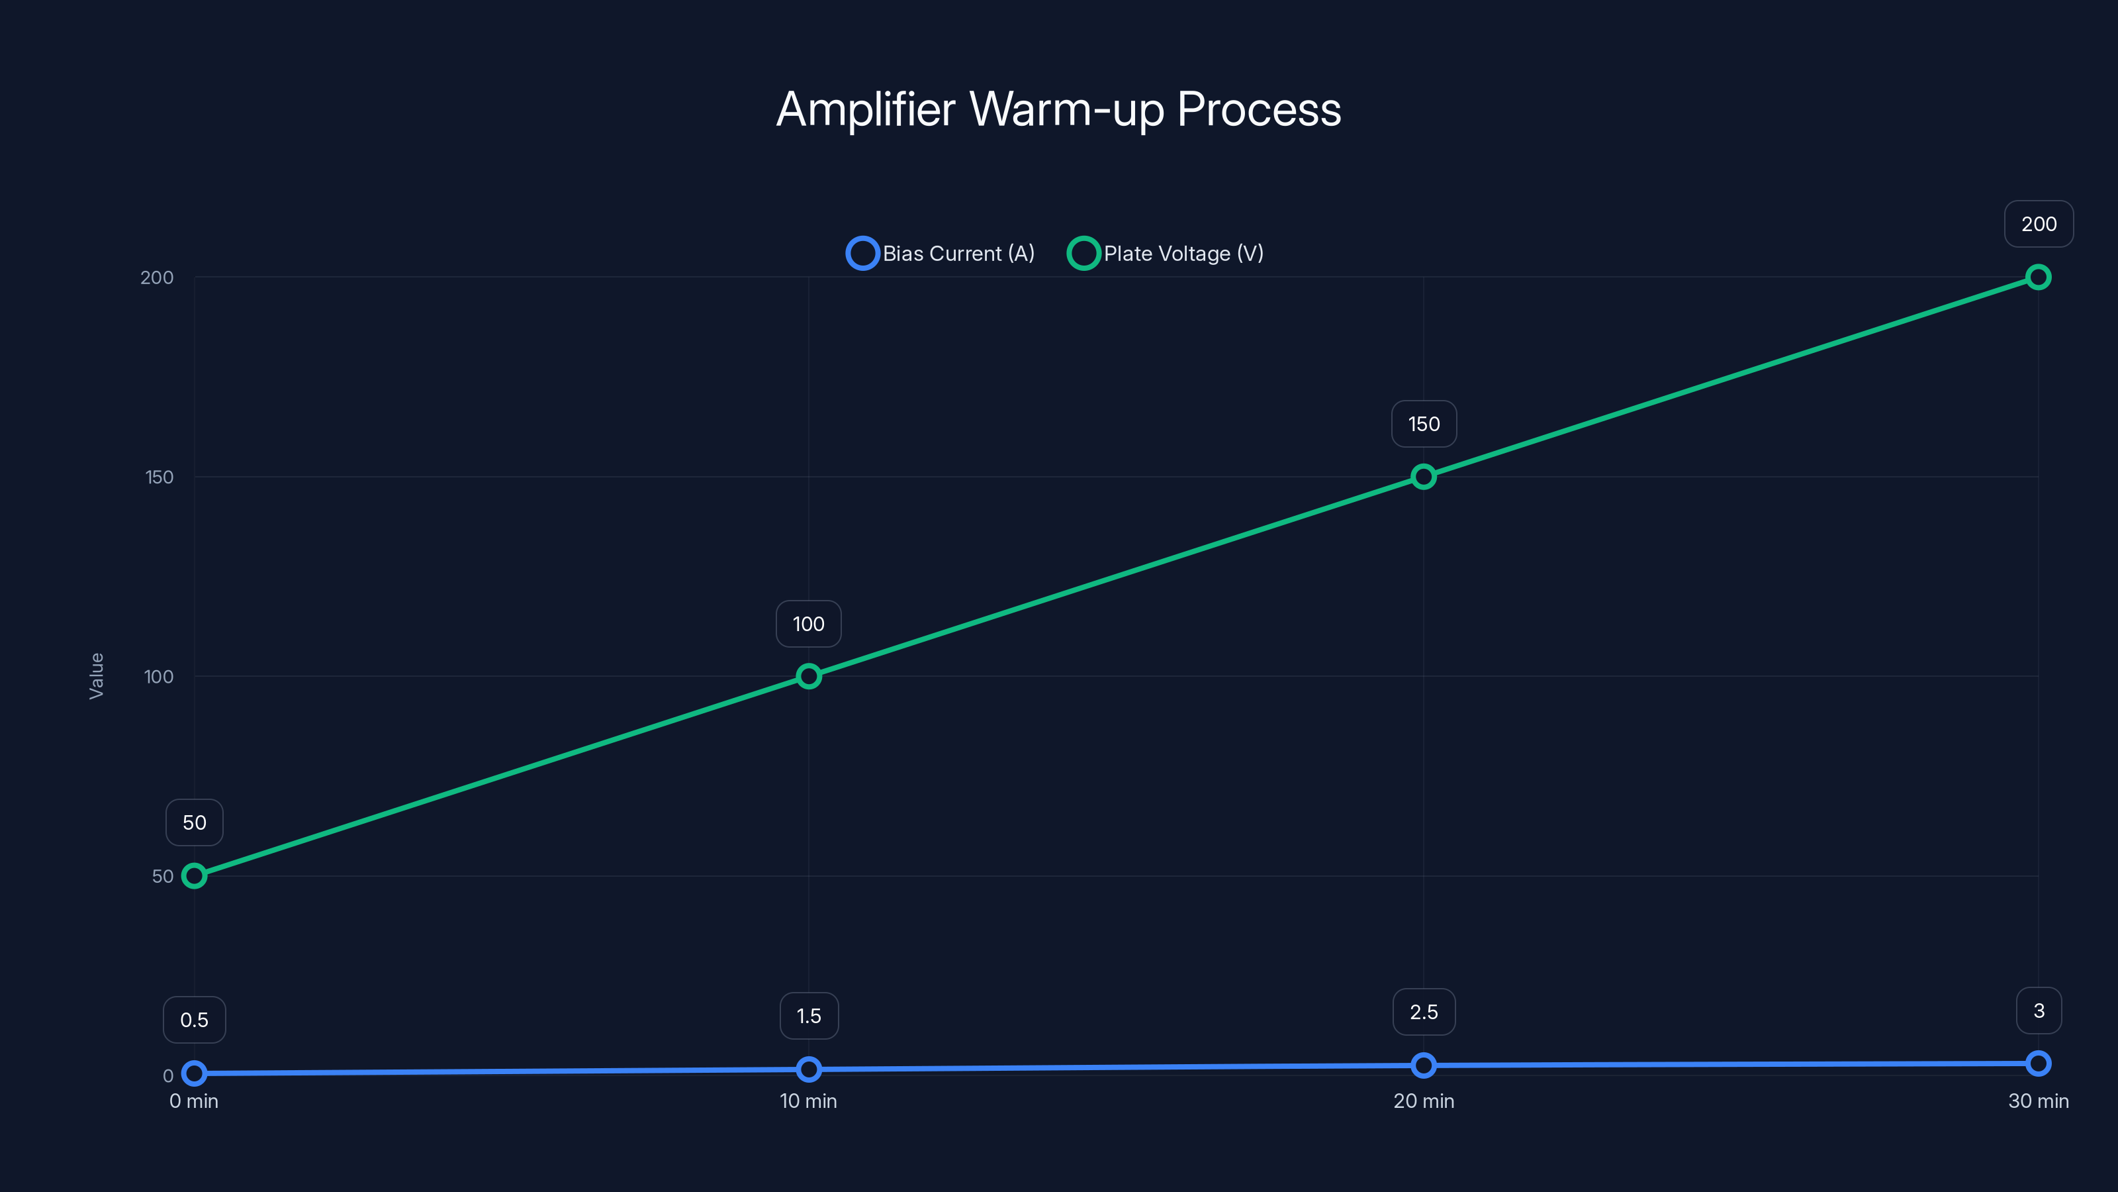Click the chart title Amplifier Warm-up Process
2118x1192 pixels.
tap(1058, 109)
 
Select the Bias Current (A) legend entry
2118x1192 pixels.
tap(941, 254)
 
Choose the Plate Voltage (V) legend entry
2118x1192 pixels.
tap(1166, 254)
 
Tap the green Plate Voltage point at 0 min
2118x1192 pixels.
tap(194, 875)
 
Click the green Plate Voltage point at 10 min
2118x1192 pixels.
tap(808, 676)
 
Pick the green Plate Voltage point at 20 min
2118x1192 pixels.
tap(1423, 476)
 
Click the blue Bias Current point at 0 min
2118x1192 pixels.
tap(194, 1073)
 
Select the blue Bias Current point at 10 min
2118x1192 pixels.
tap(808, 1069)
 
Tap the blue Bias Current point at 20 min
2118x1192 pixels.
tap(1423, 1066)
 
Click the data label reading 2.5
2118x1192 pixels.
tap(1423, 1012)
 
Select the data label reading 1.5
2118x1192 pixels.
tap(808, 1016)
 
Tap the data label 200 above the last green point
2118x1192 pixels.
tap(2039, 224)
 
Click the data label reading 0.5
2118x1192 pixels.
tap(194, 1020)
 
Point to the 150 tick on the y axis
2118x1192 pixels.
tap(159, 477)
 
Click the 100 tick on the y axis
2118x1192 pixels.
tap(159, 676)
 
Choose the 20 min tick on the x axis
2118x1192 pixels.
tap(1423, 1101)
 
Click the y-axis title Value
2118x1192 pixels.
tap(96, 675)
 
